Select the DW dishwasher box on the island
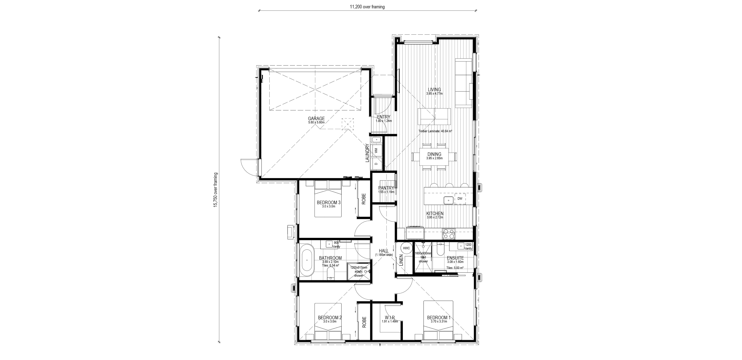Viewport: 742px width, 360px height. pos(460,199)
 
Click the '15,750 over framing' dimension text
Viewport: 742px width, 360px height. pos(215,190)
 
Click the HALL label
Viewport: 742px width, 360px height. pos(384,251)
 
